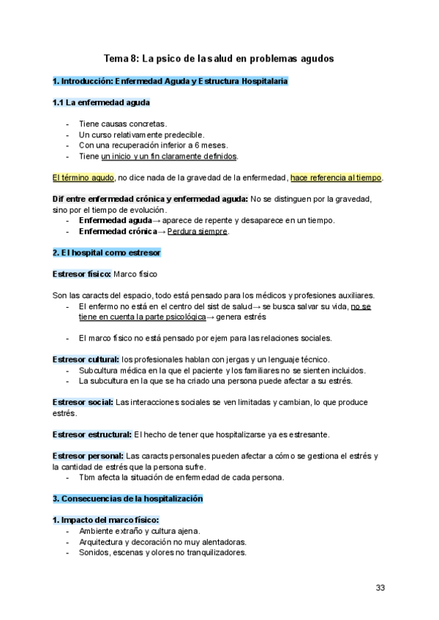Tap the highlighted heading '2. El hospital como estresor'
point(107,252)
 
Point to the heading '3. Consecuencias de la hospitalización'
point(127,498)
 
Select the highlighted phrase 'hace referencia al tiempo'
point(336,177)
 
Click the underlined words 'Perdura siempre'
point(198,232)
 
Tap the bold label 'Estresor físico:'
point(82,273)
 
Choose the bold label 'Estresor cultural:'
point(86,359)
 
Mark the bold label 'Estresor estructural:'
point(92,434)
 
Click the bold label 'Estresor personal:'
point(88,456)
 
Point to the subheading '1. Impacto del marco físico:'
point(100,520)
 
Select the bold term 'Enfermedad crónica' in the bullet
point(118,232)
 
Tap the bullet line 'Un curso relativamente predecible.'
point(141,135)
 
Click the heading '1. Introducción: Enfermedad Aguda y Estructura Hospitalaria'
point(170,80)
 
